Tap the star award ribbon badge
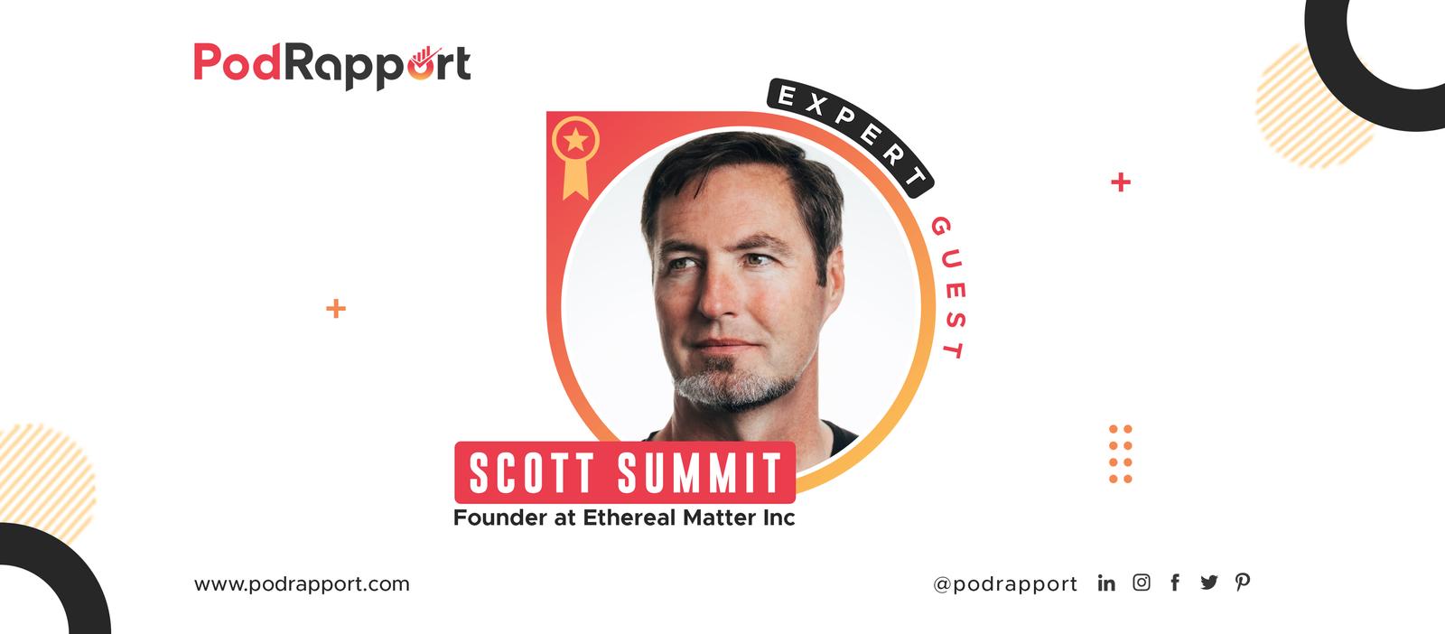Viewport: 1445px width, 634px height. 575,157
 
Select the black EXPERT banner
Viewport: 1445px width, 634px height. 850,136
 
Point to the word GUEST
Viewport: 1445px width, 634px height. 949,287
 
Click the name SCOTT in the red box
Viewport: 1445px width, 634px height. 532,472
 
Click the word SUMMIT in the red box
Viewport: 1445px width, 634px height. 699,472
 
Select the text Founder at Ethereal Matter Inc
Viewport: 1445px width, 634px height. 624,517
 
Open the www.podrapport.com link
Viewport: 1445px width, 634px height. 302,584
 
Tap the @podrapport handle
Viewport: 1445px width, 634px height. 1005,584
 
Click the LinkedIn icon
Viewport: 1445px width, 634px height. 1106,583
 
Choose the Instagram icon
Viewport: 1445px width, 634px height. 1142,583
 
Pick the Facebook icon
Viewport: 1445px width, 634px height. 1175,583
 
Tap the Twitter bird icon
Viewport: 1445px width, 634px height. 1209,583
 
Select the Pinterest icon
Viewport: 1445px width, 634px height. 1243,583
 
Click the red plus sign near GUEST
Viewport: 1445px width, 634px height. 1121,182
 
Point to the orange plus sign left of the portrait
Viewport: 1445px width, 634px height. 335,308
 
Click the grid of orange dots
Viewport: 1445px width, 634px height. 1121,454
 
